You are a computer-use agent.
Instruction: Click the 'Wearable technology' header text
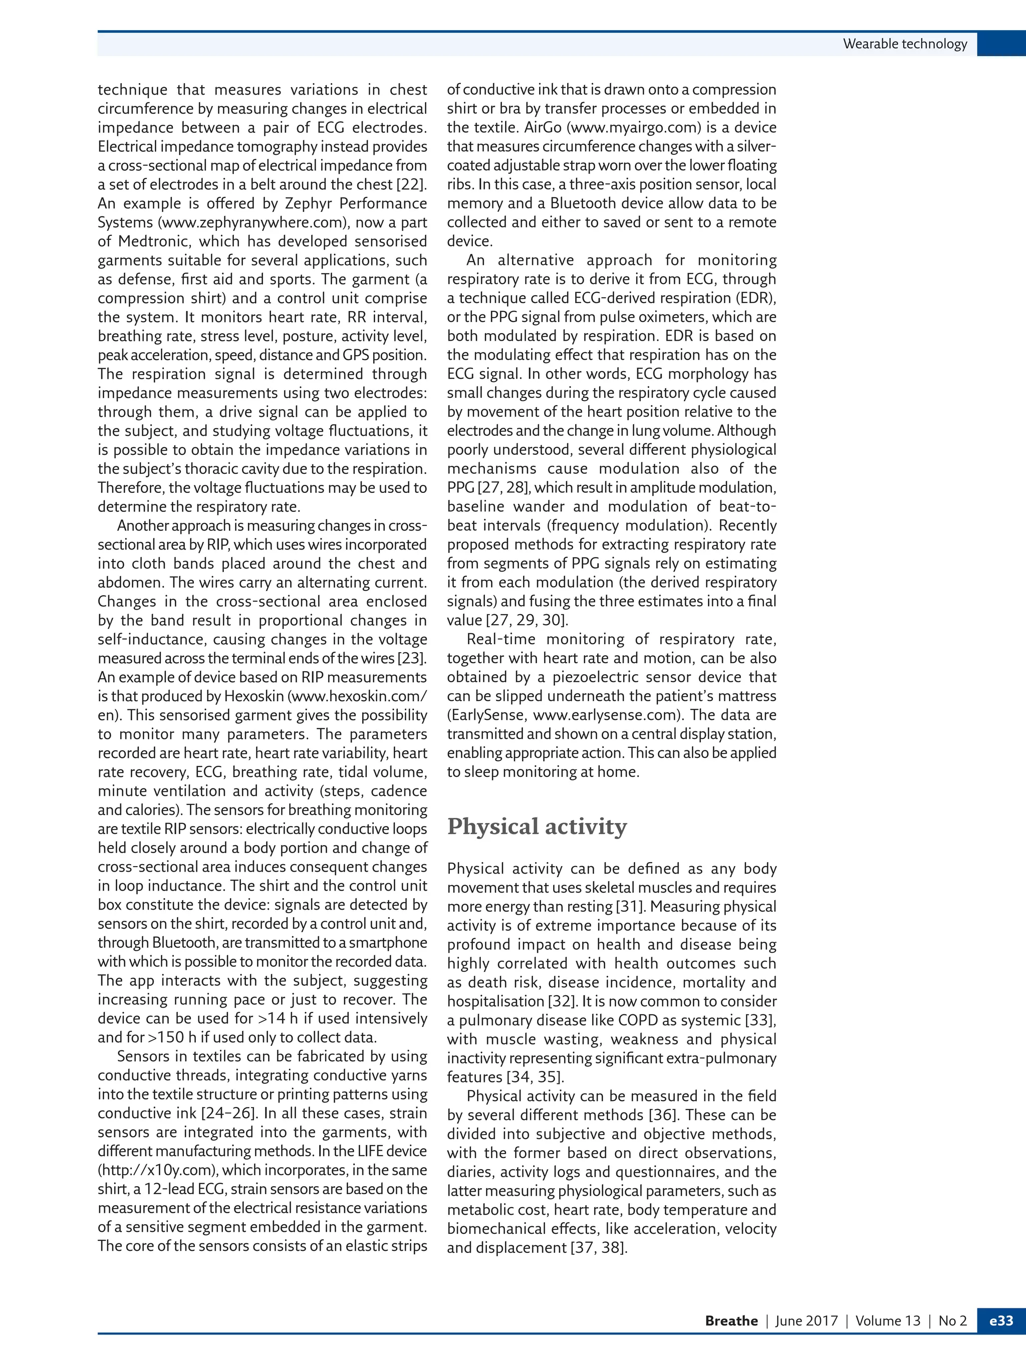coord(905,44)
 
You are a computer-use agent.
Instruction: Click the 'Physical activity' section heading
coord(537,827)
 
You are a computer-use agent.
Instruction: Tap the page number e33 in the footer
coord(1000,1320)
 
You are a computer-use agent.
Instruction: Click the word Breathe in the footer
coord(731,1321)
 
